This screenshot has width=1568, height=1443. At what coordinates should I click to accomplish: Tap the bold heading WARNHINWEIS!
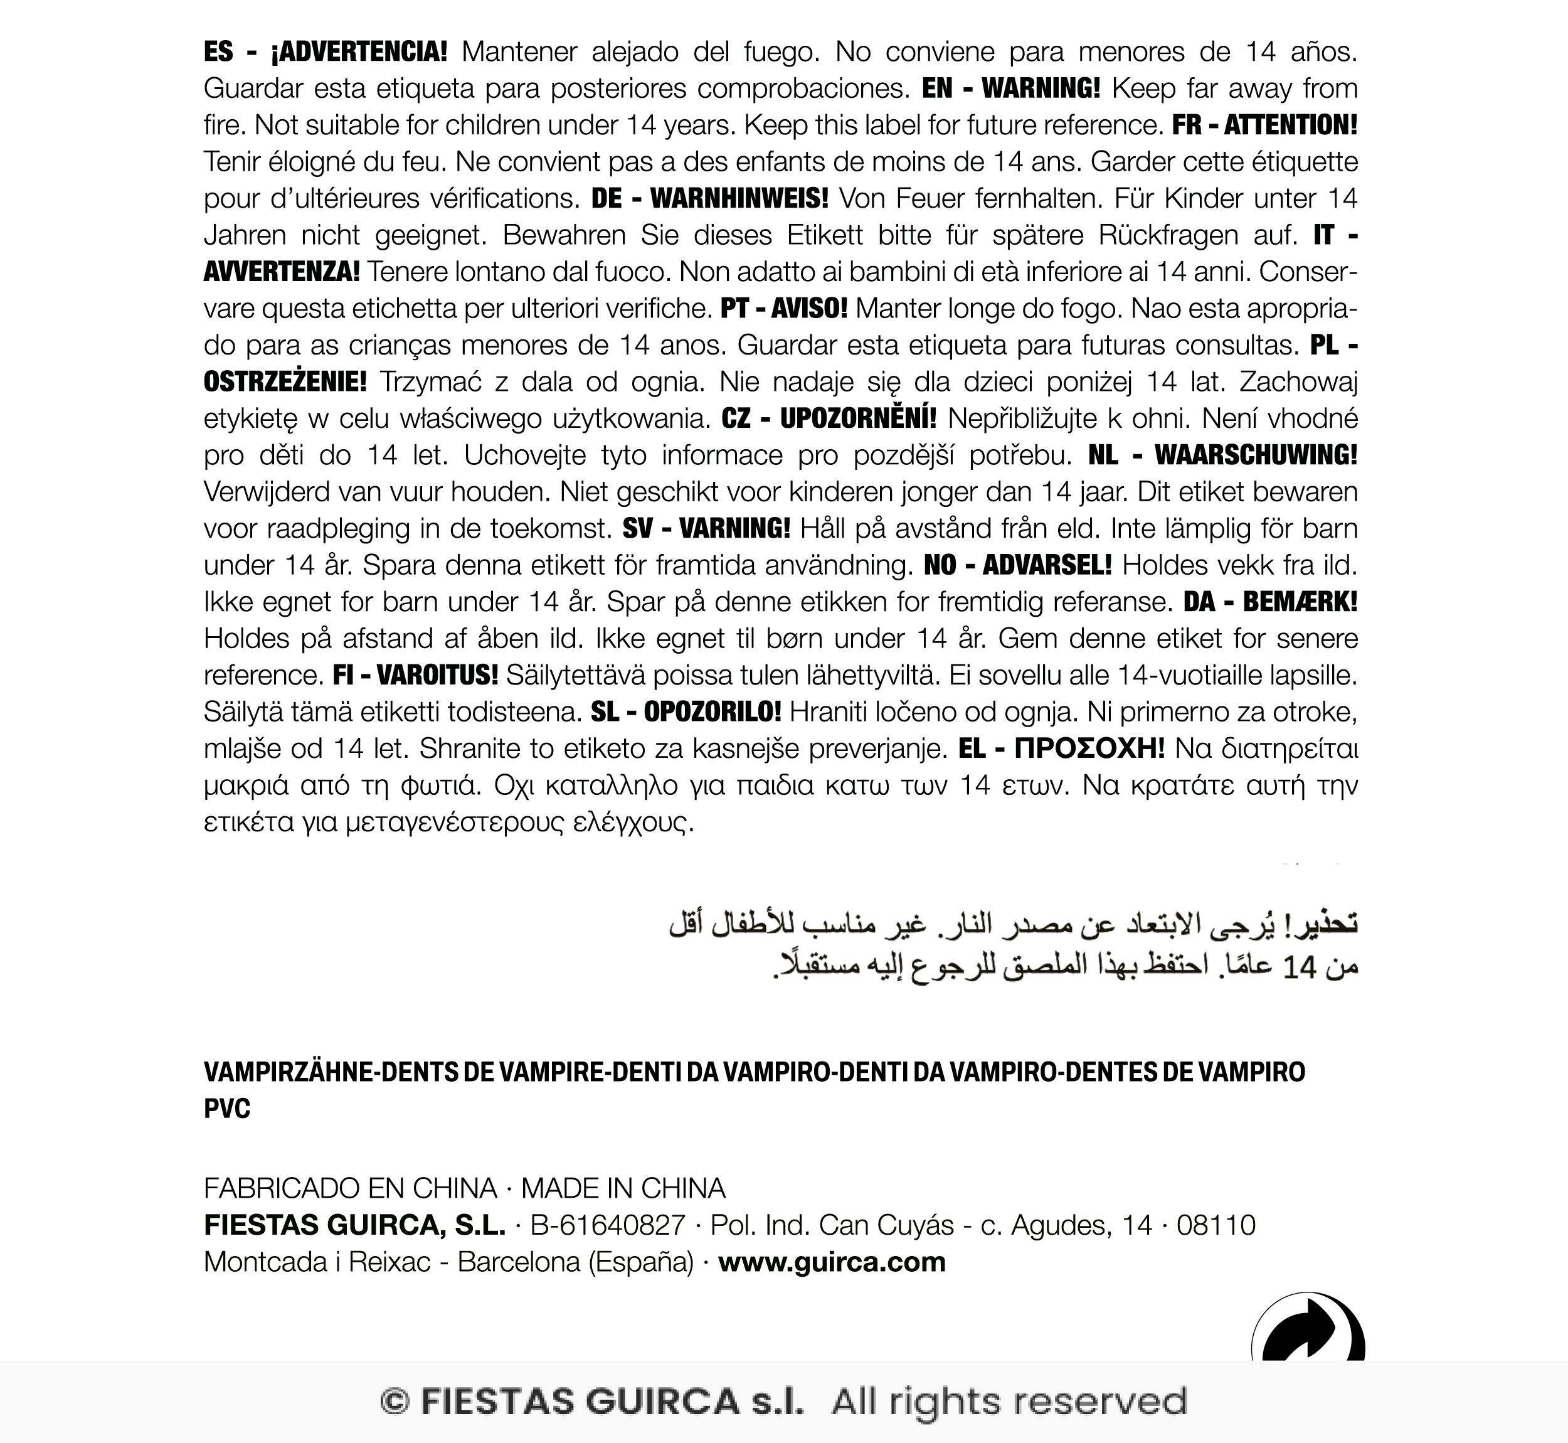pos(738,198)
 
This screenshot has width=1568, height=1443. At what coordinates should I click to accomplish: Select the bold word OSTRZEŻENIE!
pos(285,382)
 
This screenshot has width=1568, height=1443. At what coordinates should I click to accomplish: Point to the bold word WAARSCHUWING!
pos(1256,454)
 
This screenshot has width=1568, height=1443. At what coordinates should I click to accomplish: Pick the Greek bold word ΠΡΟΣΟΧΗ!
pos(1089,748)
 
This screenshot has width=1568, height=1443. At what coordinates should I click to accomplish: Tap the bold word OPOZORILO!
pos(712,711)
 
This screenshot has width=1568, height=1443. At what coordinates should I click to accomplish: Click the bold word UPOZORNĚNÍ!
pos(858,418)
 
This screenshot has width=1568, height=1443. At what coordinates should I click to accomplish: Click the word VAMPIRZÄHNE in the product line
pos(287,1072)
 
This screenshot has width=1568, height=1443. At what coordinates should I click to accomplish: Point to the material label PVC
pos(227,1109)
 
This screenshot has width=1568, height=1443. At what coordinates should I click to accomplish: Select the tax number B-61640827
pos(607,1225)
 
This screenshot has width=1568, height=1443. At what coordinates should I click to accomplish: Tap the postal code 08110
pos(1216,1225)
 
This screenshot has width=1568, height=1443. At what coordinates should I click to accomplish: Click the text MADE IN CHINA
pos(623,1188)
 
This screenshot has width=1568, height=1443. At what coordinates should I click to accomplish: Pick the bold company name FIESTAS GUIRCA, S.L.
pos(354,1225)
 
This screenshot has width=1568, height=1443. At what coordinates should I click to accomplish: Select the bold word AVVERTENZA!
pos(282,272)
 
